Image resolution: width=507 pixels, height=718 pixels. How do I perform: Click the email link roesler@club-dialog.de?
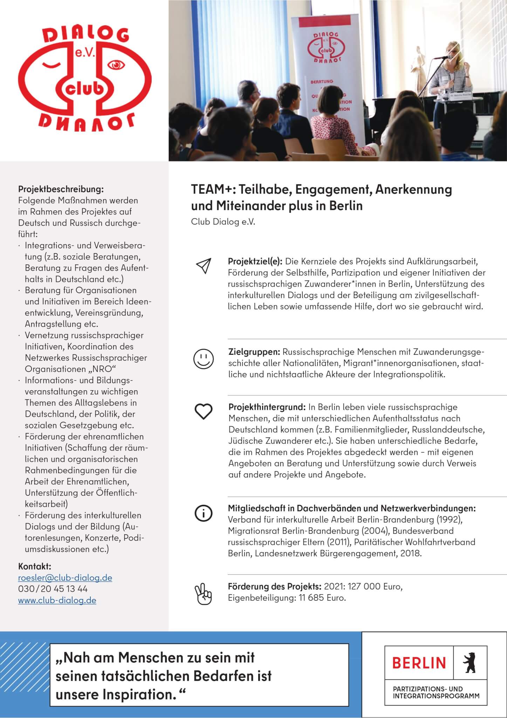[x=65, y=577]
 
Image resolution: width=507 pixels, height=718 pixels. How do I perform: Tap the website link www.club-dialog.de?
[x=57, y=600]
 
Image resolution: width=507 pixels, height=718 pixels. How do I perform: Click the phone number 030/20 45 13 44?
[x=53, y=589]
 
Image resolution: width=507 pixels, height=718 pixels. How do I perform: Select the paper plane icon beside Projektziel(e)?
[x=204, y=266]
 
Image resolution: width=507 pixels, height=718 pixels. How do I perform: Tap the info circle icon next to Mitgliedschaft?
[x=203, y=513]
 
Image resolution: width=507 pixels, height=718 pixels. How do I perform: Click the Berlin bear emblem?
[x=469, y=662]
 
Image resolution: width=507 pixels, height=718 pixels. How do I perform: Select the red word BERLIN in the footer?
[x=419, y=663]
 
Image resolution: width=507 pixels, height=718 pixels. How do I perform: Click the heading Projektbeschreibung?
[x=61, y=189]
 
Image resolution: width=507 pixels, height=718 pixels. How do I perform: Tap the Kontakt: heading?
[x=35, y=566]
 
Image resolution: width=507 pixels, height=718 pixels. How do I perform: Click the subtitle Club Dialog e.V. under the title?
[x=223, y=222]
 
